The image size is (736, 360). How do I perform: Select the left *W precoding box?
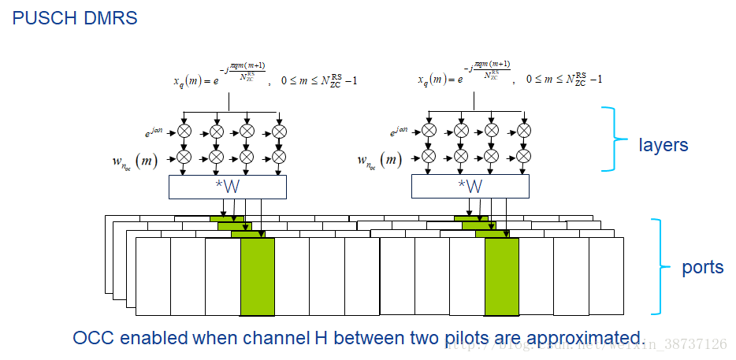(228, 187)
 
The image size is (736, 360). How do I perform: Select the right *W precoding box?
(470, 187)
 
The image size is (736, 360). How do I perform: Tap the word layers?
(663, 145)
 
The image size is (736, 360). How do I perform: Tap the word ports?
(702, 267)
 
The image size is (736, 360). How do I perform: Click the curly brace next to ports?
(664, 266)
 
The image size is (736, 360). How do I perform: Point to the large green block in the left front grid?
(257, 276)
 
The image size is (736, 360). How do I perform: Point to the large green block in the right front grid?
(501, 276)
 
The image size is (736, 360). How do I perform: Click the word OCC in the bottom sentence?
(91, 339)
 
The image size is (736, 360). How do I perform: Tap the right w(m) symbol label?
(378, 161)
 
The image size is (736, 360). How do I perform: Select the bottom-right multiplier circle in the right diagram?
(522, 157)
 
